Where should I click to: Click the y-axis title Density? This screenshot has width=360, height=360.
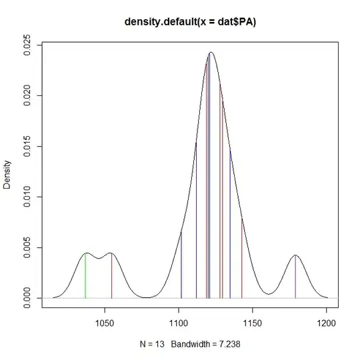(7, 174)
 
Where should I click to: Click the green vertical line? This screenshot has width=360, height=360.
(85, 276)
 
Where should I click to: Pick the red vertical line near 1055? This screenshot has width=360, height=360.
(111, 276)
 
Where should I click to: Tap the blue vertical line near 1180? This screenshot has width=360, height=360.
(295, 277)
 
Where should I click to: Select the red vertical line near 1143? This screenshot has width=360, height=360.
(242, 260)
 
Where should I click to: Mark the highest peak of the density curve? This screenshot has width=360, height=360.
(211, 52)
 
